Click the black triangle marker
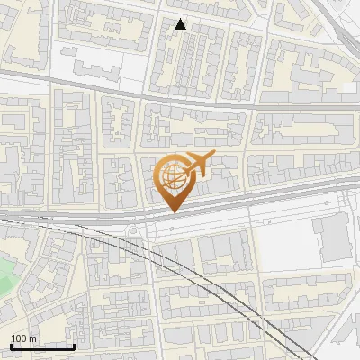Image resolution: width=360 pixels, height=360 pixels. (180, 24)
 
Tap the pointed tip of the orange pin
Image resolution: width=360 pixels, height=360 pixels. (173, 212)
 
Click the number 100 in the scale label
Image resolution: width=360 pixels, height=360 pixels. (19, 338)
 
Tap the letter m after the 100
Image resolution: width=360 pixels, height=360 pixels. (32, 338)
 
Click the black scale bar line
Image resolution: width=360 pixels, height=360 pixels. (41, 346)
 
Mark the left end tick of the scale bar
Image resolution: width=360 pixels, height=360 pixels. (10, 346)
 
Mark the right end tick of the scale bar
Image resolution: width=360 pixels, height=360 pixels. (74, 346)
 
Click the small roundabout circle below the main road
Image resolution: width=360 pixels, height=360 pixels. (136, 231)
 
